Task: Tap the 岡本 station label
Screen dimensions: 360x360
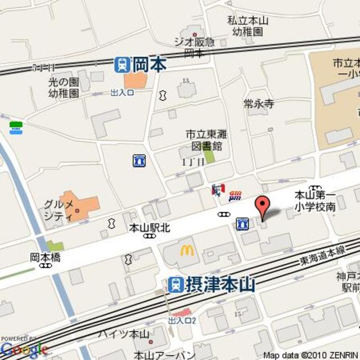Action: tap(150, 65)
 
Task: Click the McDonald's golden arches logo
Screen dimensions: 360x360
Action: tap(187, 251)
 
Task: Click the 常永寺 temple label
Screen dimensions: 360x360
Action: tap(259, 103)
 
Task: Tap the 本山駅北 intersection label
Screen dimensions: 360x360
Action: tap(149, 228)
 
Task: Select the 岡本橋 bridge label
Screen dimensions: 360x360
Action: tap(45, 258)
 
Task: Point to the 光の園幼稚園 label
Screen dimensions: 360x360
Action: tap(62, 87)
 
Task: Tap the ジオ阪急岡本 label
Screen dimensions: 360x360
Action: tap(194, 47)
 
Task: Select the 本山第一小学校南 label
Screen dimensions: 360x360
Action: tap(316, 201)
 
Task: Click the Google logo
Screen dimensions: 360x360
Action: tap(24, 350)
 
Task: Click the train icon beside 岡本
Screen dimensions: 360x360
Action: tap(122, 65)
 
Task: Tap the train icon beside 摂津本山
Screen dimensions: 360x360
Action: tap(176, 284)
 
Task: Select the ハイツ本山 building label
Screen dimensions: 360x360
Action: tap(124, 334)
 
